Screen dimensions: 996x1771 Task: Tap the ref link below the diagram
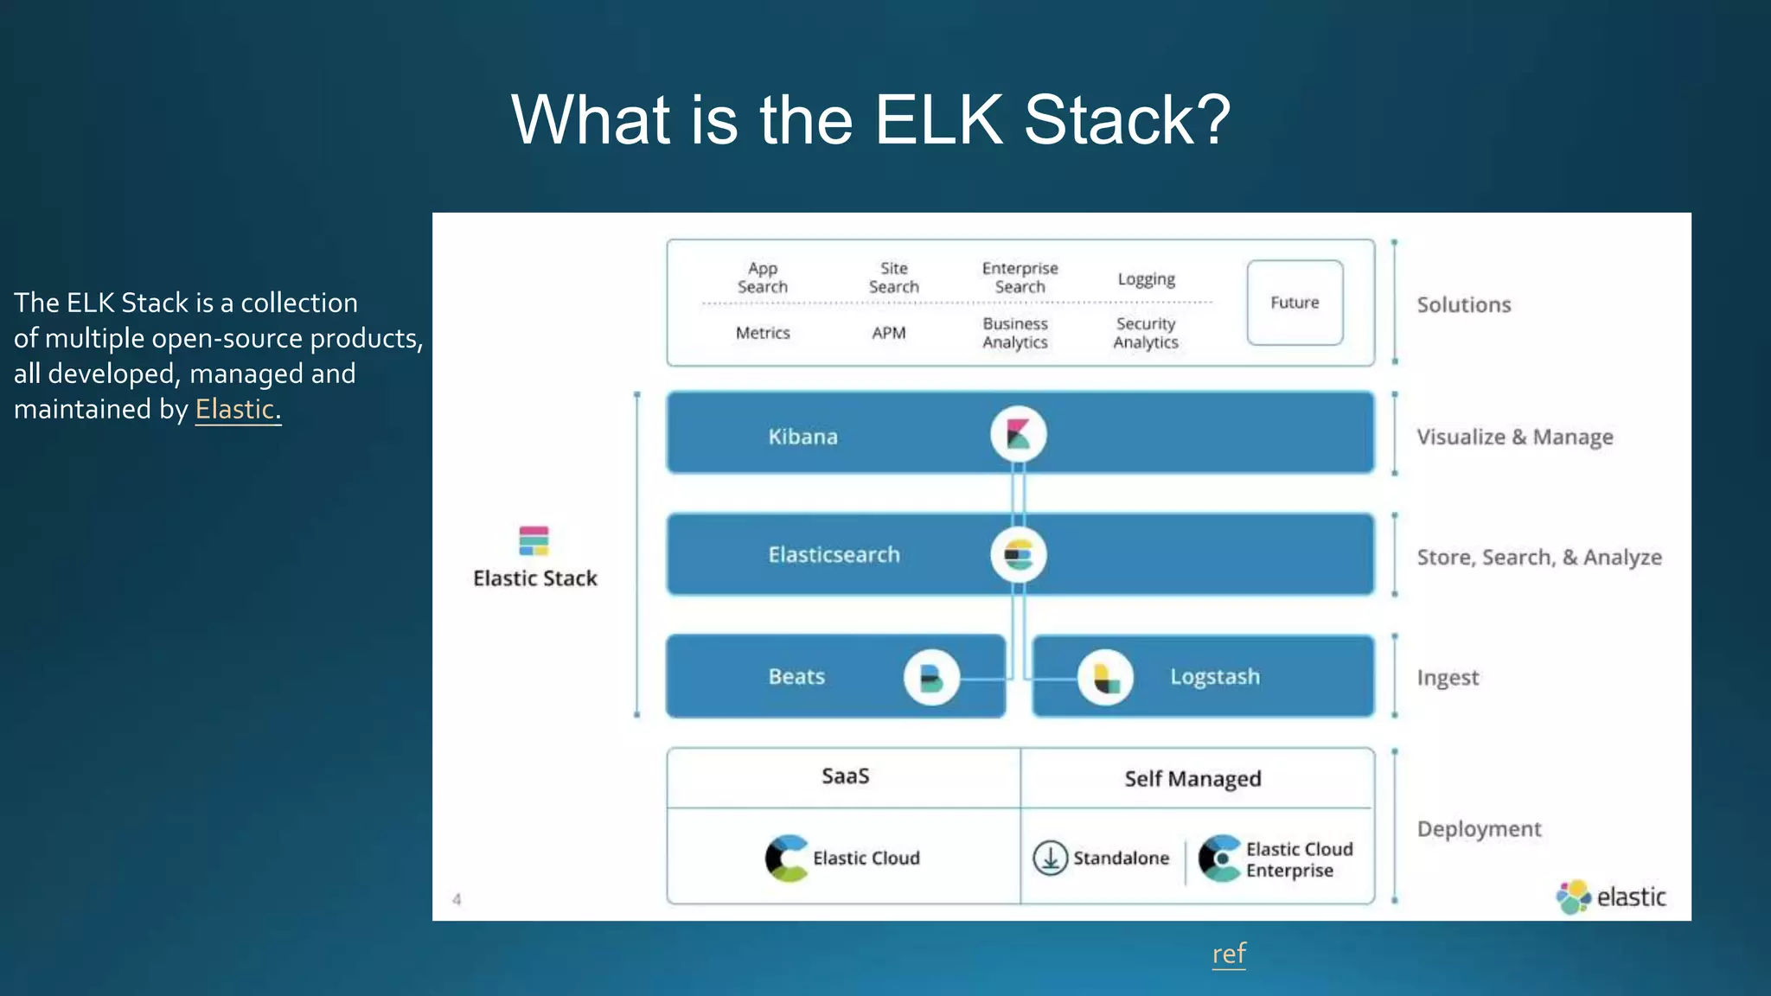pos(1229,954)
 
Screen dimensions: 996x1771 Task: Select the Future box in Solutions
pos(1295,303)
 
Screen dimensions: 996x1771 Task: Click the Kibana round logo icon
pos(1018,434)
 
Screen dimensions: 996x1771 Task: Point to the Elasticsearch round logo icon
pos(1018,555)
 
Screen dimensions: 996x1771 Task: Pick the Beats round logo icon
pos(931,677)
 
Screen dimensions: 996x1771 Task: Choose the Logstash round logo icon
pos(1105,677)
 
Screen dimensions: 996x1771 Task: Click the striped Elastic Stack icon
pos(534,540)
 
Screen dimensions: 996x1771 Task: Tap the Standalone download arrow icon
pos(1051,858)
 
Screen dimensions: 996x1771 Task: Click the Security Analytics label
pos(1146,333)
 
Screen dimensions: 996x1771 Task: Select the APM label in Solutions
pos(889,333)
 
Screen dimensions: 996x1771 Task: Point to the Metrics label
pos(763,333)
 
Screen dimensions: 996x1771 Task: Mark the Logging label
pos(1147,279)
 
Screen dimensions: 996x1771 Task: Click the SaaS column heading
pos(845,776)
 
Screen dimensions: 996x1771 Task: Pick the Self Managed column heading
pos(1192,779)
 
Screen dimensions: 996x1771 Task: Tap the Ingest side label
pos(1448,678)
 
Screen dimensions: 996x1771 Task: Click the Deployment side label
pos(1479,829)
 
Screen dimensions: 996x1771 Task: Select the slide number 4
pos(457,900)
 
